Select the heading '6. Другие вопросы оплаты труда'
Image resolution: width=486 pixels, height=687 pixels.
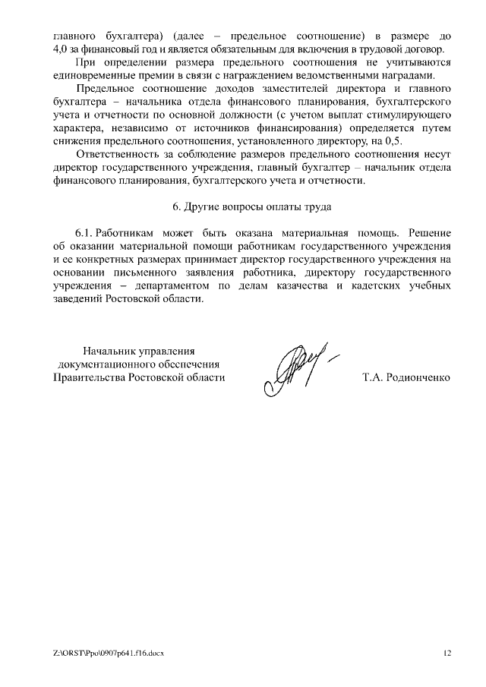(x=250, y=206)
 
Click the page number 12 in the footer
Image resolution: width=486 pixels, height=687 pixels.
(x=447, y=653)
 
